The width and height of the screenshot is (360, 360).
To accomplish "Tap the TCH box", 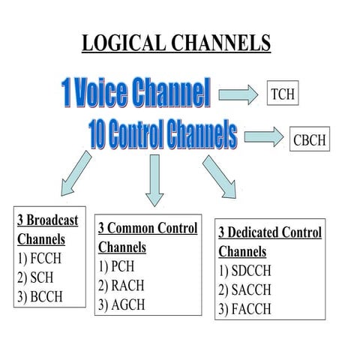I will point(283,94).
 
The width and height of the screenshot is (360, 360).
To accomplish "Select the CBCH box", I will point(308,139).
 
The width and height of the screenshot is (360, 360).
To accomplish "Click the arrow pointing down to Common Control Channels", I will point(154,179).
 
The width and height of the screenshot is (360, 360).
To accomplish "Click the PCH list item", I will point(119,266).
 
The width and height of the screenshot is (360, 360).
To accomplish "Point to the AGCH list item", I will point(124,304).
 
